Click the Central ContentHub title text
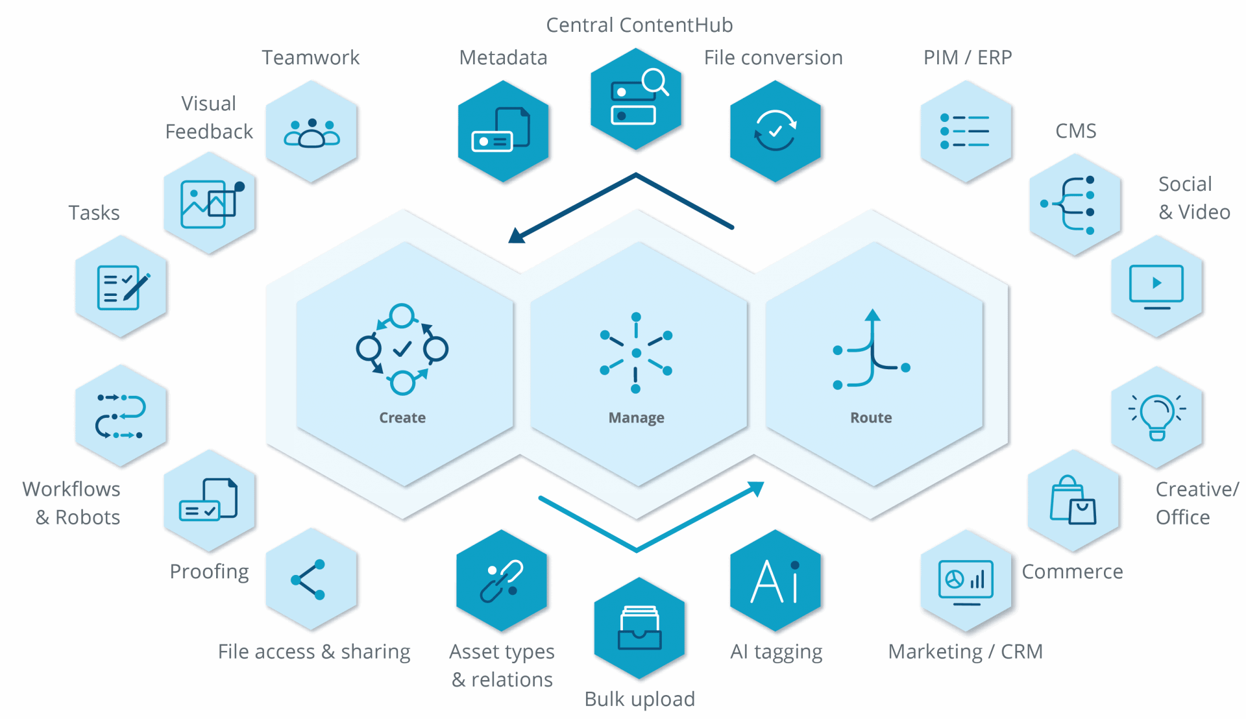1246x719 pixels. (x=639, y=25)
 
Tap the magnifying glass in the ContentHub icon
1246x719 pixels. (x=655, y=82)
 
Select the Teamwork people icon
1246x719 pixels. (x=311, y=133)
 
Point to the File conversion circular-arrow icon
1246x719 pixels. (x=775, y=130)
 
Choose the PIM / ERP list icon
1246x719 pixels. (x=965, y=131)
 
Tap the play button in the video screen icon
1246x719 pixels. (x=1156, y=283)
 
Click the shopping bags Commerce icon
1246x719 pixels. (x=1073, y=500)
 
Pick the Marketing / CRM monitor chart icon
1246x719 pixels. (x=966, y=581)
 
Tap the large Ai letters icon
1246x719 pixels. (x=775, y=581)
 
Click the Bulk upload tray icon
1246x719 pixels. (x=639, y=628)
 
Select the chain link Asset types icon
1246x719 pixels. (x=502, y=581)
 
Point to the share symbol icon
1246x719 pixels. (x=309, y=579)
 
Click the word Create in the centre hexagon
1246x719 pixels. (x=402, y=418)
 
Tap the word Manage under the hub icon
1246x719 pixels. (x=636, y=418)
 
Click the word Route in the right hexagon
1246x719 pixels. (x=871, y=418)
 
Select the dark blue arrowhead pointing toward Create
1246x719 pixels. (x=517, y=236)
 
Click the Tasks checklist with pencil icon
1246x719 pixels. (x=122, y=287)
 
